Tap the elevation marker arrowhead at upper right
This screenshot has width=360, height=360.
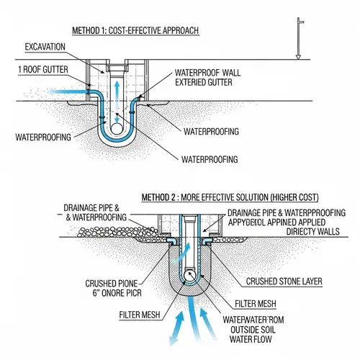coord(298,55)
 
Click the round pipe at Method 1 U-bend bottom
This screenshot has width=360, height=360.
coord(116,138)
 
